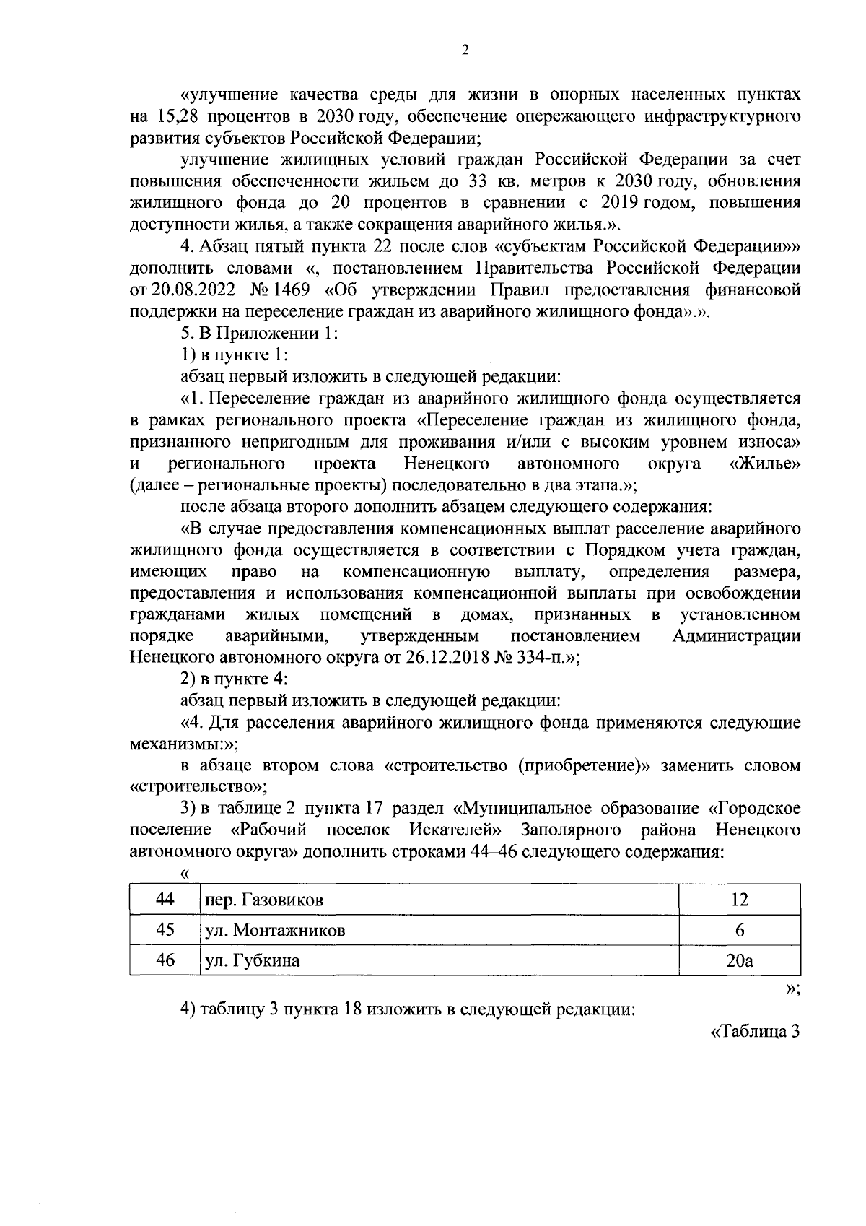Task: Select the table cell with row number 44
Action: [x=165, y=899]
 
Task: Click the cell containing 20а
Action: [x=739, y=961]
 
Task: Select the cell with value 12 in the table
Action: [x=739, y=899]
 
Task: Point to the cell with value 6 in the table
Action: [x=739, y=930]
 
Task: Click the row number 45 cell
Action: [x=165, y=930]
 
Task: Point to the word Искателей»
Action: [x=455, y=830]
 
